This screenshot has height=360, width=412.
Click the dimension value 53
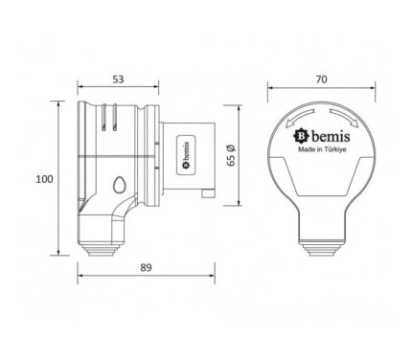coord(118,79)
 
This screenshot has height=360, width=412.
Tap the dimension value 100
coord(44,179)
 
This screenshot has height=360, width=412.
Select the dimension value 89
coord(146,267)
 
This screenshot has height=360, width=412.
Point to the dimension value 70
coord(322,79)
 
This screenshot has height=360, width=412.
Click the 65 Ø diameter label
coord(231,155)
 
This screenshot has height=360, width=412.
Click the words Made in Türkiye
coord(322,149)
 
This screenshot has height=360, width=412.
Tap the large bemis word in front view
coord(331,137)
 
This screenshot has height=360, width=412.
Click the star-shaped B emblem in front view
coord(301,136)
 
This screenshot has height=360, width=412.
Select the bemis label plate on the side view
coord(186,155)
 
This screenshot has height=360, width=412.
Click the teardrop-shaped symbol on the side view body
coord(119,185)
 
